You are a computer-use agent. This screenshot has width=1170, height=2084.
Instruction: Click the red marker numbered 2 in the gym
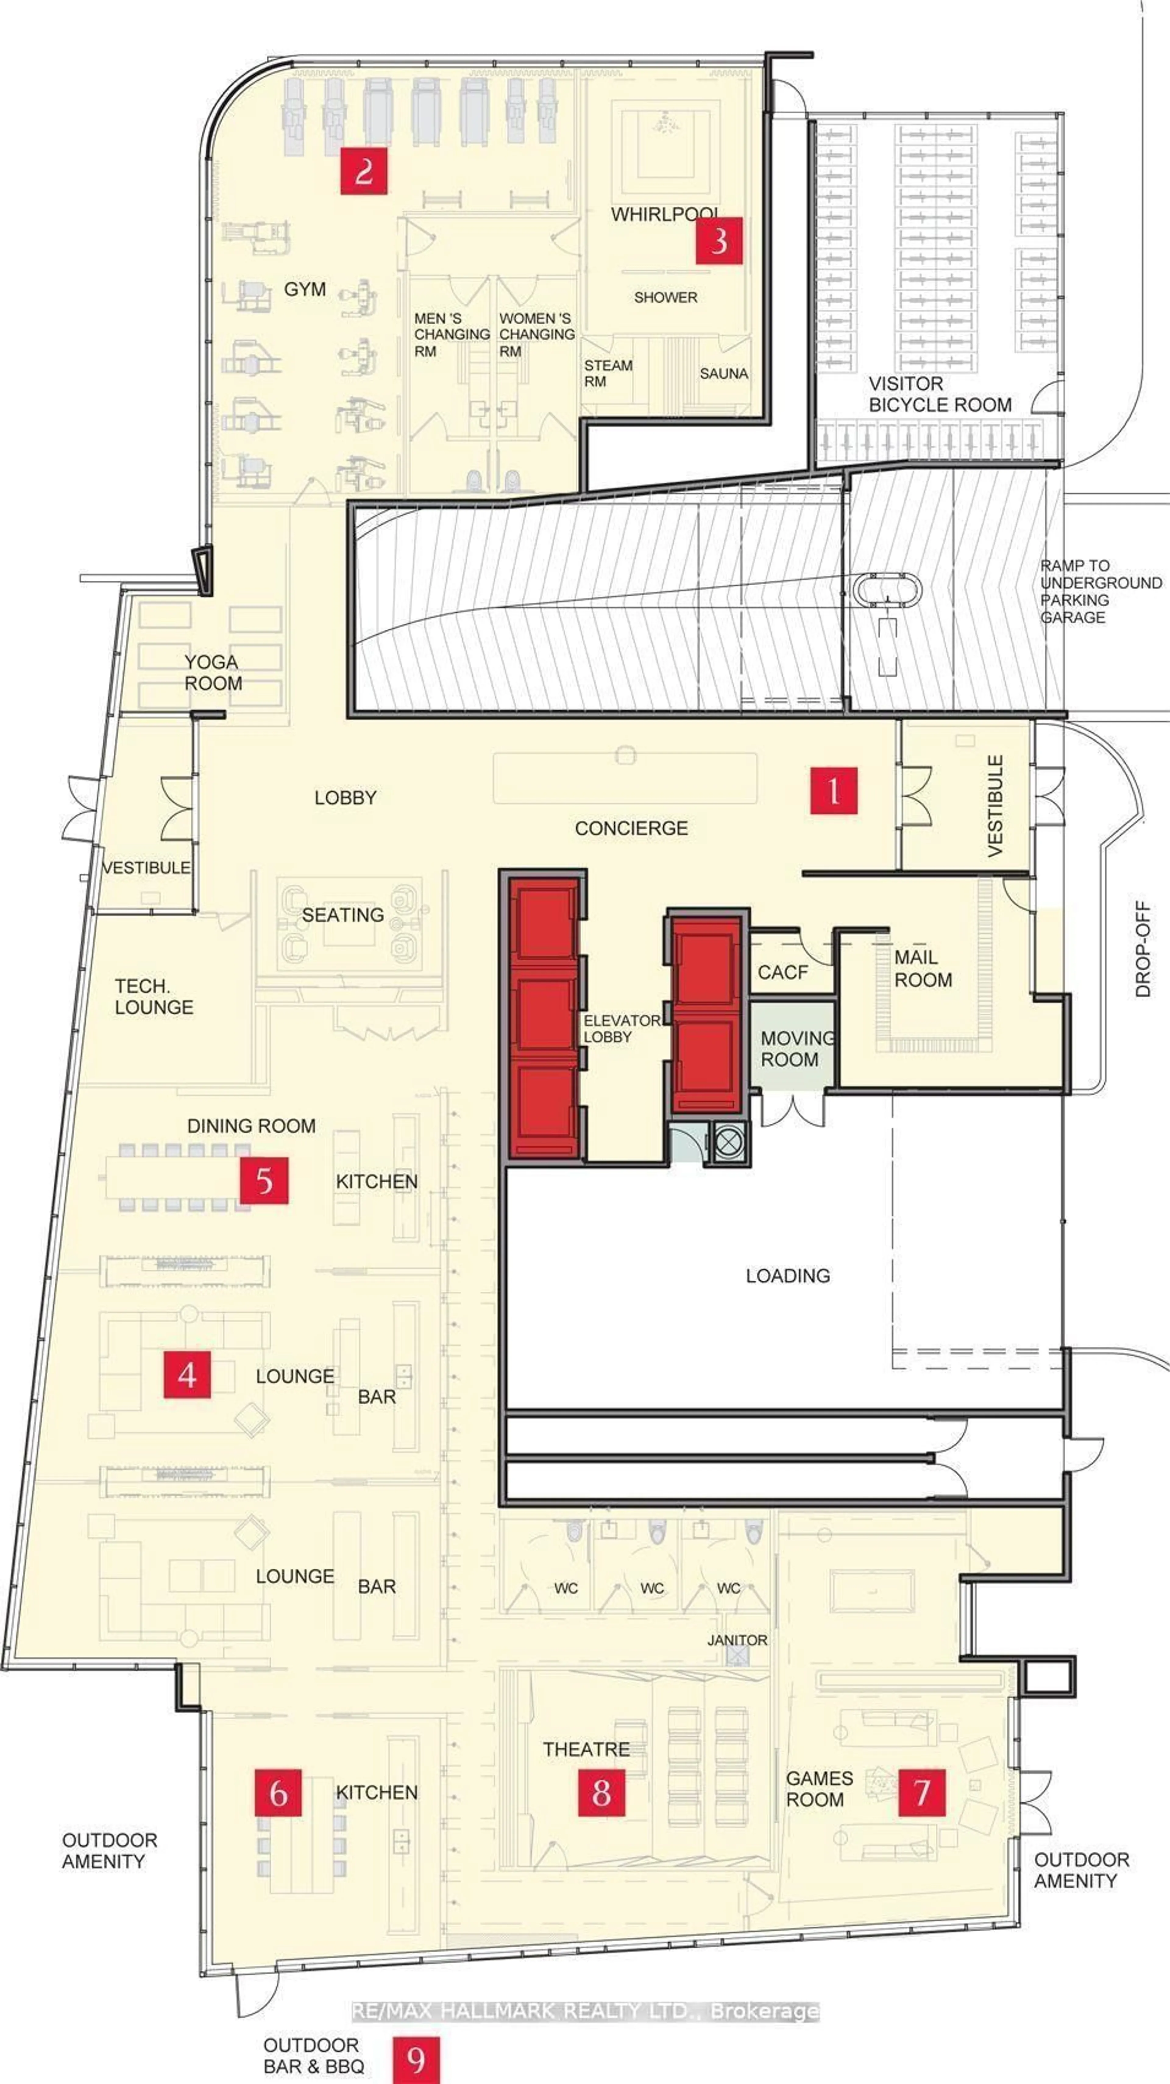[363, 171]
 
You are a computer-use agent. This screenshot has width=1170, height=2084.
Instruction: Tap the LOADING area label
[788, 1276]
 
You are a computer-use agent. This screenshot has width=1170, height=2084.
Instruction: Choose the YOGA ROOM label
[212, 672]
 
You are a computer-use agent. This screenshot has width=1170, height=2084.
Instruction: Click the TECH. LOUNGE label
[154, 997]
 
